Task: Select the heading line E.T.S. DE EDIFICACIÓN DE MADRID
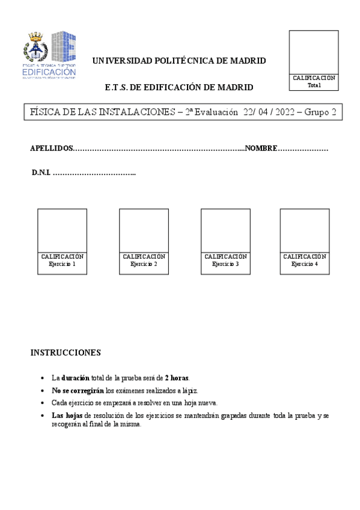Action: pyautogui.click(x=178, y=87)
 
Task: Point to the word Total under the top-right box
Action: pyautogui.click(x=314, y=85)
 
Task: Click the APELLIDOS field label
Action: pyautogui.click(x=52, y=149)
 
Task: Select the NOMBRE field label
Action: pyautogui.click(x=261, y=149)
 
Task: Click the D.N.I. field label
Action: pyautogui.click(x=41, y=173)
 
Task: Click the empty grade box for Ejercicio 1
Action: pyautogui.click(x=62, y=230)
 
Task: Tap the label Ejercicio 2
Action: pyautogui.click(x=144, y=264)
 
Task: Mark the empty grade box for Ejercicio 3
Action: pyautogui.click(x=225, y=230)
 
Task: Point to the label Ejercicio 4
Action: pyautogui.click(x=305, y=264)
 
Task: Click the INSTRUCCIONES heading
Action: pyautogui.click(x=66, y=352)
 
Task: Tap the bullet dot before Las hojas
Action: pyautogui.click(x=40, y=416)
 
